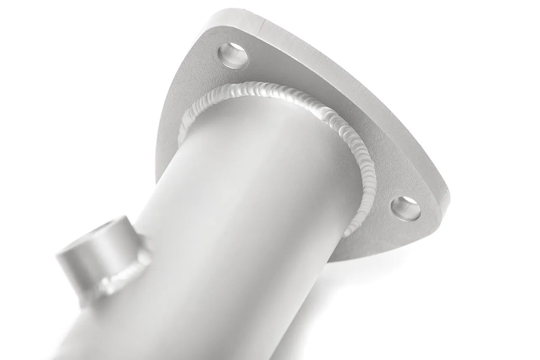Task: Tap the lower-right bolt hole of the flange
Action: click(406, 208)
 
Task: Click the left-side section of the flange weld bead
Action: click(186, 127)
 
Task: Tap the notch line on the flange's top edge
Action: click(262, 26)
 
